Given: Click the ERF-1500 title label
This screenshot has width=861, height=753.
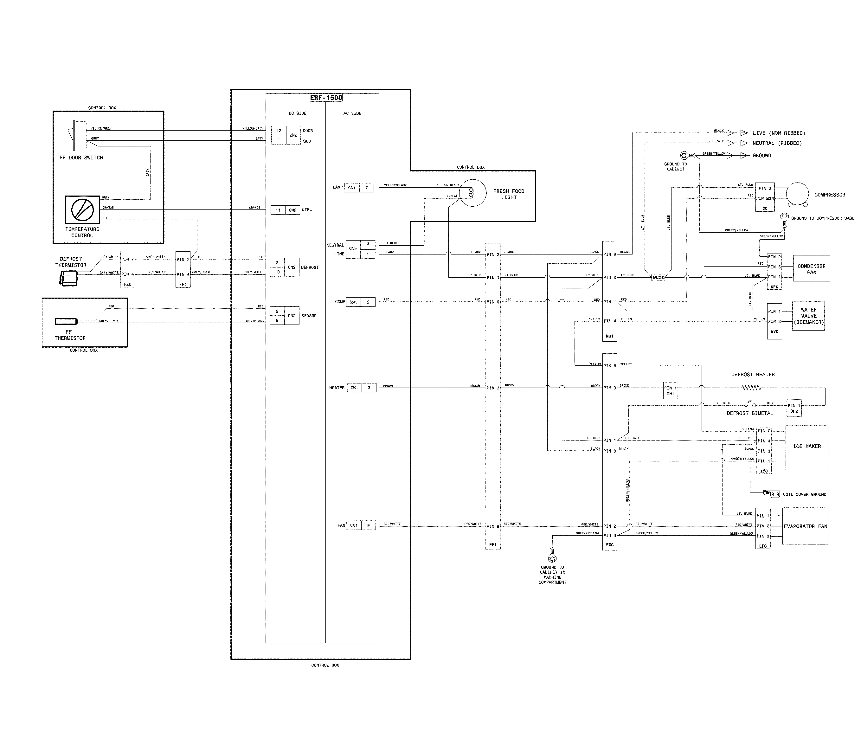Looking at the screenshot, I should click(x=326, y=98).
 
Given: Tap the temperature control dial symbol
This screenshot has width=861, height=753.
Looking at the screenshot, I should click(x=82, y=209).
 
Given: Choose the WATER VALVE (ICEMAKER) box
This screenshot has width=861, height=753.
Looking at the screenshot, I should click(x=808, y=316).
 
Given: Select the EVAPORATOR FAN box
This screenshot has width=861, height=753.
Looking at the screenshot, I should click(x=805, y=526).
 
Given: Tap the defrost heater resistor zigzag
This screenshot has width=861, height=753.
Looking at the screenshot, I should click(x=751, y=387).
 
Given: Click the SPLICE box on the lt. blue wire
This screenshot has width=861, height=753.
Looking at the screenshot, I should click(x=658, y=277).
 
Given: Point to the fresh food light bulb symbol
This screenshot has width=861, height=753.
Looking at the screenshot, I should click(x=471, y=193).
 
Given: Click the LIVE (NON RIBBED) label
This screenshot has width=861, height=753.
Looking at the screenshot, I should click(x=779, y=133).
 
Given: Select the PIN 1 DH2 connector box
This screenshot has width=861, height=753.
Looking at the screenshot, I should click(x=794, y=408).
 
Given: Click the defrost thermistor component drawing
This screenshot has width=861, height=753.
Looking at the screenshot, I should click(x=68, y=278).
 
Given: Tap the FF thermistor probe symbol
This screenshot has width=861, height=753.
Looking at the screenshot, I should click(x=66, y=321).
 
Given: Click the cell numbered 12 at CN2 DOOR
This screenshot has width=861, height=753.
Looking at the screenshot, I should click(x=279, y=131).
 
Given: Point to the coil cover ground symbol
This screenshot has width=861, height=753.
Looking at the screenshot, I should click(x=772, y=494).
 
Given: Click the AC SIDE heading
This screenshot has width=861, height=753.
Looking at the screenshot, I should click(x=352, y=113).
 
